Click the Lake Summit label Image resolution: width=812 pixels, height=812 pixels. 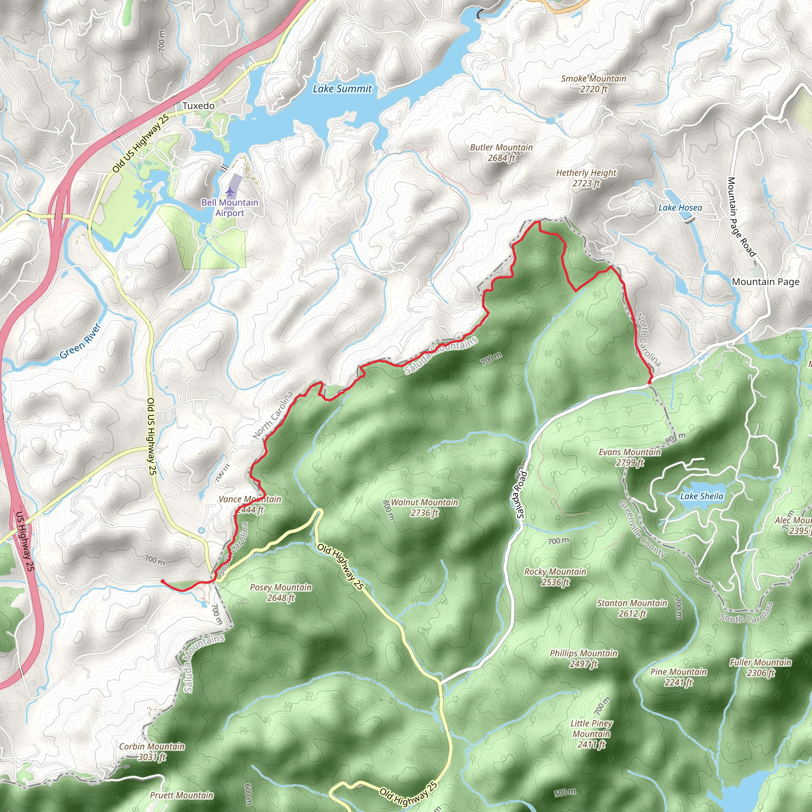(342, 89)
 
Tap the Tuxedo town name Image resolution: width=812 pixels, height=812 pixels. (198, 106)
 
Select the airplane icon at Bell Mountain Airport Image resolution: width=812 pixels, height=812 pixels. (230, 192)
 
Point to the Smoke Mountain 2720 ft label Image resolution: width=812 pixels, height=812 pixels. (594, 84)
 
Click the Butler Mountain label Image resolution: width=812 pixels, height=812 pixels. (501, 153)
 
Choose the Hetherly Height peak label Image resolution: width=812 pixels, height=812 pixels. (586, 178)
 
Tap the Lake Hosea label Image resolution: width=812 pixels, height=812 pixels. (680, 208)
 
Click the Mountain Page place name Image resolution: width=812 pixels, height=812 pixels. (765, 282)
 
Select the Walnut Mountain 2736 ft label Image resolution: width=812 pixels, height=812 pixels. (424, 507)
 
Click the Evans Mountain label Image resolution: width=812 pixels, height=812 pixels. (630, 457)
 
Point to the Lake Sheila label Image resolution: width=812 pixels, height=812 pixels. (701, 496)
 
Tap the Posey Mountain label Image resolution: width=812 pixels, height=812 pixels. (281, 592)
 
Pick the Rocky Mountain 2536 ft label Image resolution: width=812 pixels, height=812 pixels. (555, 576)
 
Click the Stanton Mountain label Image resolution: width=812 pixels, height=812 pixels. (632, 608)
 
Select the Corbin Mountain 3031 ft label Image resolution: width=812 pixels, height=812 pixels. (152, 751)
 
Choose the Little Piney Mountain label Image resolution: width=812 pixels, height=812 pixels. (591, 734)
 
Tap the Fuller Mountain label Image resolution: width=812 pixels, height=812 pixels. (760, 667)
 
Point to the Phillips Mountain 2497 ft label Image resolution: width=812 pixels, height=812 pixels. (583, 659)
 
